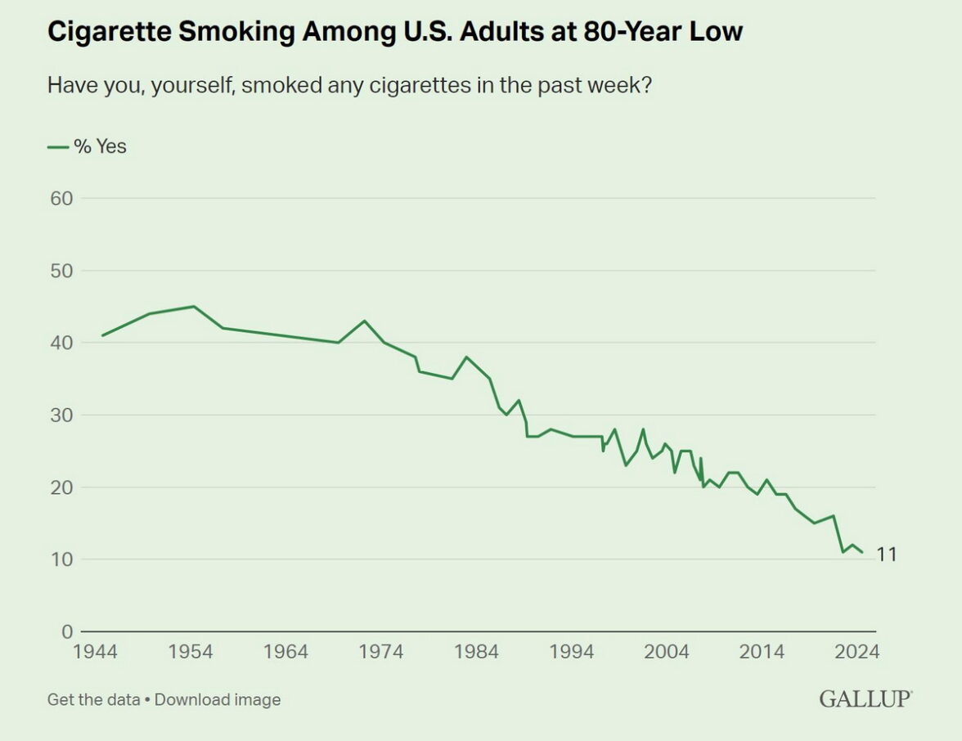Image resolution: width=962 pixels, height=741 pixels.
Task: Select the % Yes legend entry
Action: point(88,147)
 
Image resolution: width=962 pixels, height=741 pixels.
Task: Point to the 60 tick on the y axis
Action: point(62,199)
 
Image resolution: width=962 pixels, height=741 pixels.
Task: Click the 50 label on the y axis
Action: point(62,271)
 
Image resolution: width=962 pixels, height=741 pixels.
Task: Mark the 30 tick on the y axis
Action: point(62,415)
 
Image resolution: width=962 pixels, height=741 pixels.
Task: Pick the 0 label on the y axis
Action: point(68,631)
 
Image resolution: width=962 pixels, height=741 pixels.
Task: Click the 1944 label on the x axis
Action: point(95,652)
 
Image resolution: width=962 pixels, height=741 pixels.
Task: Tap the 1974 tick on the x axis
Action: point(381,652)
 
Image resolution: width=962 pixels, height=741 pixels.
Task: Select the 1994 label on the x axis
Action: point(572,652)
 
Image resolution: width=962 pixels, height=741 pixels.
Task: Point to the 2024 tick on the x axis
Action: point(857,652)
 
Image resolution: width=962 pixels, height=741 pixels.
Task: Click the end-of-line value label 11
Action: point(887,555)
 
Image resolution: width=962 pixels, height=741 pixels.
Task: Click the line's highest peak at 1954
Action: point(194,307)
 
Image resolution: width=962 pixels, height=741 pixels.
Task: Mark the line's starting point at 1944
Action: point(102,335)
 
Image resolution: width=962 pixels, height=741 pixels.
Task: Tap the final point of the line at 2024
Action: point(861,552)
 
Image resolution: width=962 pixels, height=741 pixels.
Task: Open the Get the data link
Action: point(92,700)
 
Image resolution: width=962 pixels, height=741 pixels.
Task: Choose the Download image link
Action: point(218,700)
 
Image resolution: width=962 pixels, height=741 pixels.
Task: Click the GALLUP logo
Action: point(865,700)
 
